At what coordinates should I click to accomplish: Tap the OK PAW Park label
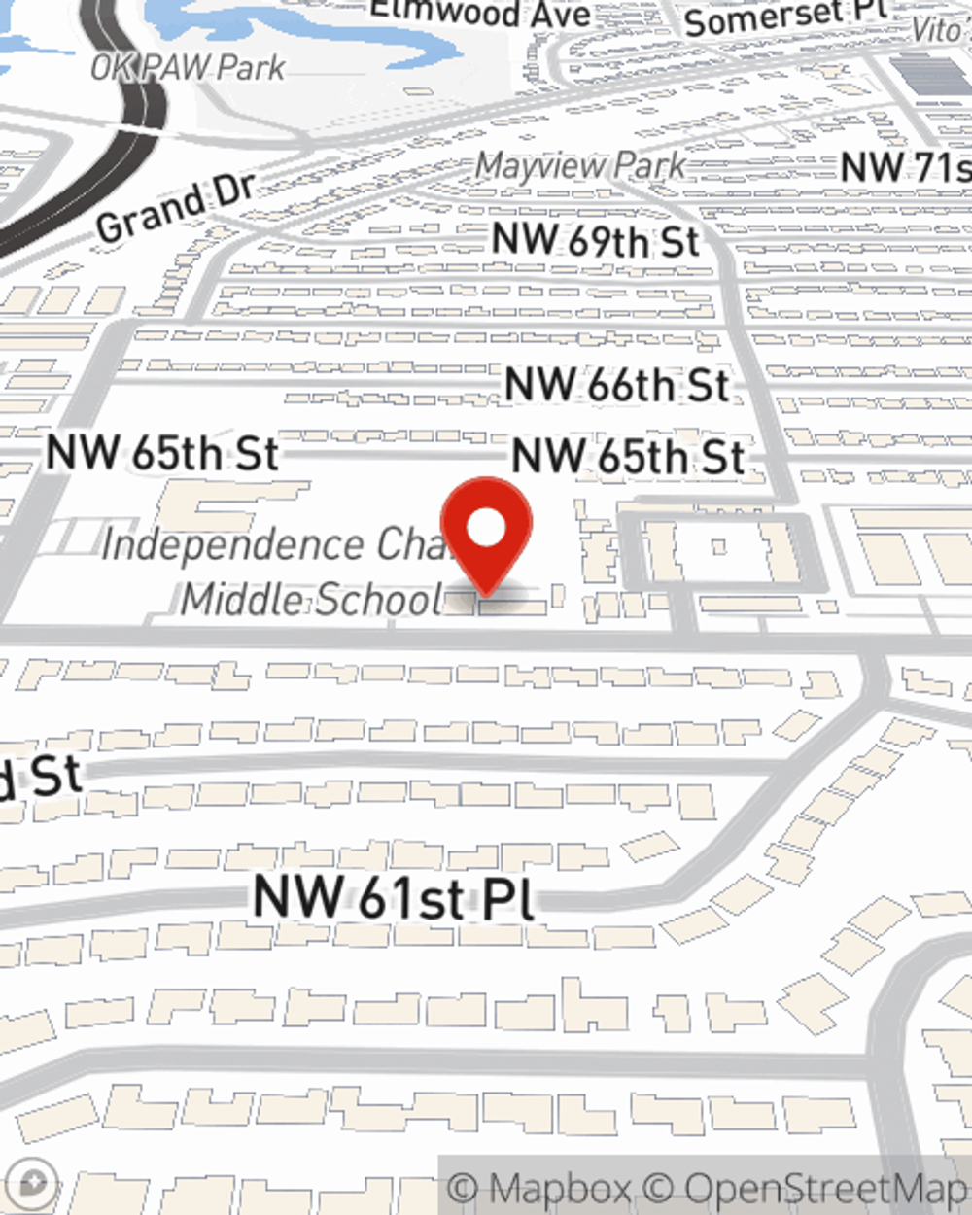[188, 68]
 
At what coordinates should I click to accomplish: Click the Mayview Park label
[580, 166]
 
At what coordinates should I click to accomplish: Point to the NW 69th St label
[595, 240]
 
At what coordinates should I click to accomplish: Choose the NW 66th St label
[616, 385]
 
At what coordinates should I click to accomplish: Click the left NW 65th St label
[162, 453]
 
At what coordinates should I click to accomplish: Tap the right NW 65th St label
[628, 457]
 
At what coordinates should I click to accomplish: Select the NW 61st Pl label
[394, 896]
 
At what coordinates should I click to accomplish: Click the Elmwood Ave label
[480, 13]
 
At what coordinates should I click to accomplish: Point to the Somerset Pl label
[785, 17]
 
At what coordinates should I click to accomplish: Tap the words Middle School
[312, 600]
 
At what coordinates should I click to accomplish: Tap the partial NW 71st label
[905, 167]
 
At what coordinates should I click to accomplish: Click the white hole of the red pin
[486, 529]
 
